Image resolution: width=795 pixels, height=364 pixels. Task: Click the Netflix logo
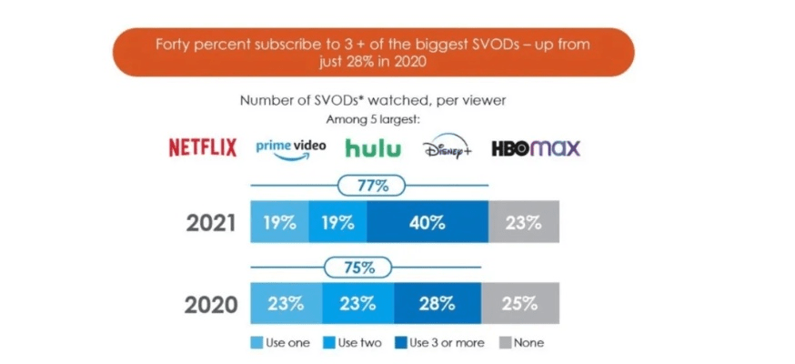coord(202,147)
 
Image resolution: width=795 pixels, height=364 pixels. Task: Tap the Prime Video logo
coord(288,147)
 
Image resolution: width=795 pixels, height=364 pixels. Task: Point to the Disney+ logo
coord(447,147)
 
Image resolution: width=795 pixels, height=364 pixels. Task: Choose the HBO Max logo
coord(535,147)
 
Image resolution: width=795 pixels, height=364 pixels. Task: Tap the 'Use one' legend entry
coord(277,343)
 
